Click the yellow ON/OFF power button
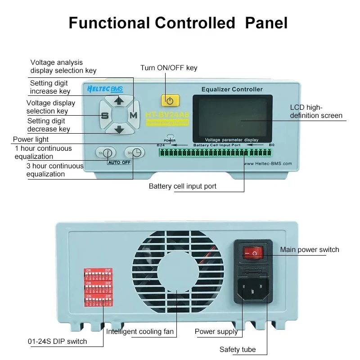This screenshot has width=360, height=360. [170, 100]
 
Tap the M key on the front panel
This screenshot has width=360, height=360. [133, 115]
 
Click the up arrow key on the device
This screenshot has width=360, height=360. [119, 101]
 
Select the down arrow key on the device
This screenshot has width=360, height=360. [119, 130]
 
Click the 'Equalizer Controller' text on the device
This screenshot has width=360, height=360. [232, 89]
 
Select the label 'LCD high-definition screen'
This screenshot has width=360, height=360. [316, 111]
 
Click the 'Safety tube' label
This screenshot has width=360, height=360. [238, 349]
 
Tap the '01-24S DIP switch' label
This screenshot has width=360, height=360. [57, 341]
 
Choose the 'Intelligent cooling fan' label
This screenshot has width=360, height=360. [140, 332]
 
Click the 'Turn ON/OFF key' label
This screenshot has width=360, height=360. [169, 68]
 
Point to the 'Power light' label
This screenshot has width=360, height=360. [31, 139]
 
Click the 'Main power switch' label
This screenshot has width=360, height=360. [310, 249]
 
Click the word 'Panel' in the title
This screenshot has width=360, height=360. [266, 22]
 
